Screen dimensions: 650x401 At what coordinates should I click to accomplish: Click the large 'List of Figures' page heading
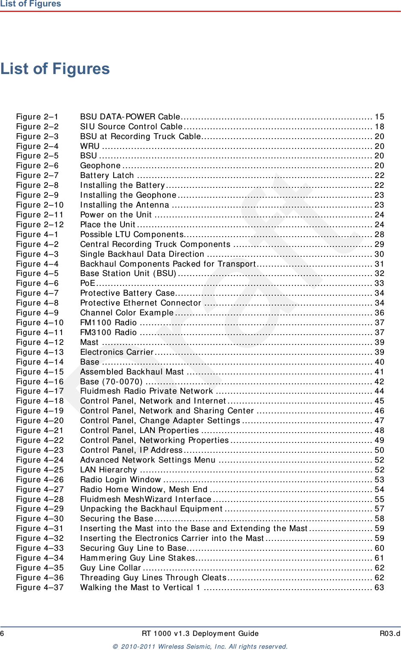tap(55, 69)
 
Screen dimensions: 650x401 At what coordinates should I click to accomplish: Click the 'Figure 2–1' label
tap(37, 117)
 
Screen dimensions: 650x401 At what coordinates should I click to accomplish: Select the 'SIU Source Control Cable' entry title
tap(131, 127)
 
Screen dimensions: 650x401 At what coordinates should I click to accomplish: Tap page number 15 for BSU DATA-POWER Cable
tap(379, 117)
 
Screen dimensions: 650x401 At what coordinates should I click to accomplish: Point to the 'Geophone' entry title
tap(100, 166)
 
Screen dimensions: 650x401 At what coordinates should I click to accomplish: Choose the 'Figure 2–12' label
tap(40, 225)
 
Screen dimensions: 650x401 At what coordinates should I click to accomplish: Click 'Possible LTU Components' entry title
tap(132, 234)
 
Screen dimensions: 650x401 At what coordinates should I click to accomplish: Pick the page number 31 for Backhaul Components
tap(379, 264)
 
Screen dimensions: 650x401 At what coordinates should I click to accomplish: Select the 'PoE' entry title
tap(88, 283)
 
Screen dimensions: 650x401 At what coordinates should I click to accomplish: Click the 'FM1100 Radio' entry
tap(109, 323)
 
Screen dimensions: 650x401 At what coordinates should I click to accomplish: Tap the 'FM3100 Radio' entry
tap(109, 332)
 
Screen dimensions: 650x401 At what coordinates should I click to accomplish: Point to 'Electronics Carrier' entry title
tap(117, 352)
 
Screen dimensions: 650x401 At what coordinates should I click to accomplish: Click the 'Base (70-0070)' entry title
tap(111, 382)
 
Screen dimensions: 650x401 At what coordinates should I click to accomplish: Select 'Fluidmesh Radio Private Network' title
tap(147, 391)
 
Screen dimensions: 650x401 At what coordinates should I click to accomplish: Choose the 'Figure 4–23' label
tap(40, 450)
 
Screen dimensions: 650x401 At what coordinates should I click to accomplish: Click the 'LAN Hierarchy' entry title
tap(109, 470)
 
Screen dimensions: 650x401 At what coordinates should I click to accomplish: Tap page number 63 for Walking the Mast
tap(379, 588)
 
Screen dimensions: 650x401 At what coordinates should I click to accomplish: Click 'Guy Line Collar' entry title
tap(111, 568)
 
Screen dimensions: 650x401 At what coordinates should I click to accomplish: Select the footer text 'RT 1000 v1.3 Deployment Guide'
tap(200, 633)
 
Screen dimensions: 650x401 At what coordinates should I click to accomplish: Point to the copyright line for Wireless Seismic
tap(200, 646)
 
